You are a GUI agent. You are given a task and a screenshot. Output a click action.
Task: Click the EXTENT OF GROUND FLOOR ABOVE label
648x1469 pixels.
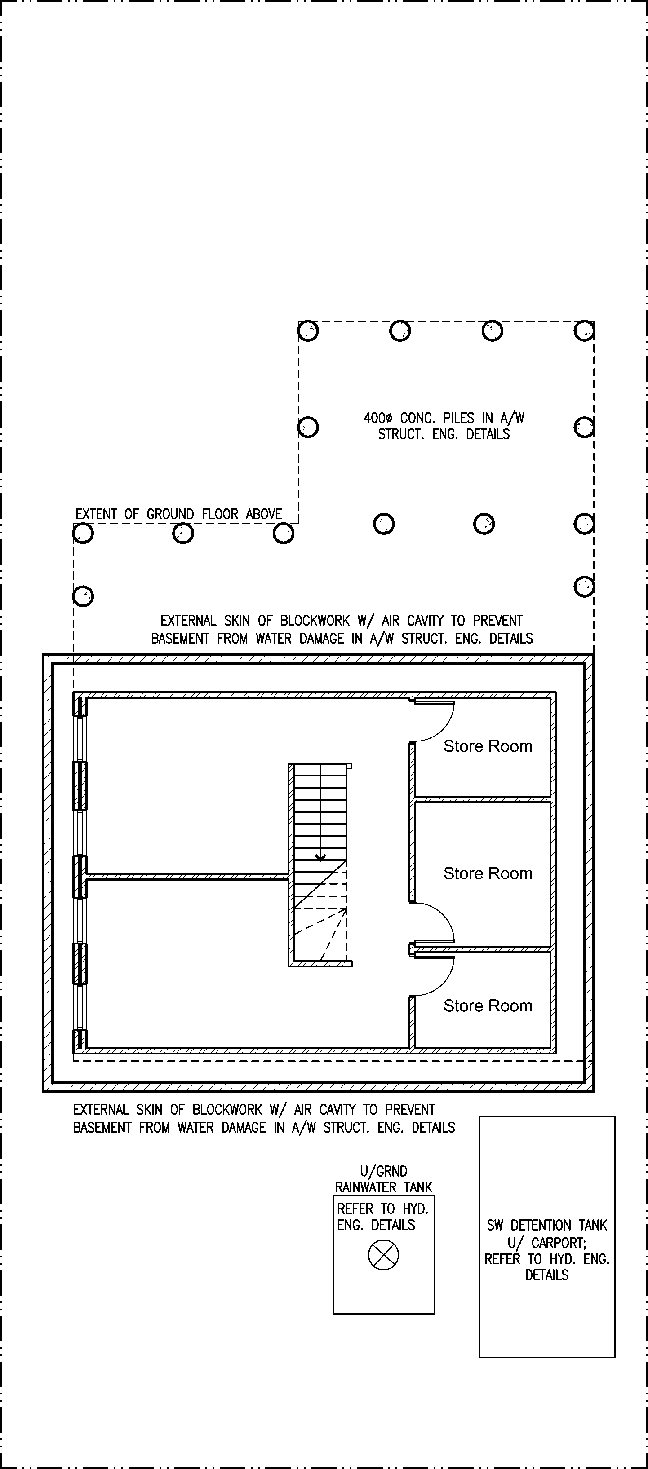[x=178, y=514]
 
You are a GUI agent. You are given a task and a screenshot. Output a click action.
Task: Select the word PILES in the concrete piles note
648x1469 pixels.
[x=459, y=418]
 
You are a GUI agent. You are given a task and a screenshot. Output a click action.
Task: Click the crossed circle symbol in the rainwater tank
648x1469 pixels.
[x=383, y=1255]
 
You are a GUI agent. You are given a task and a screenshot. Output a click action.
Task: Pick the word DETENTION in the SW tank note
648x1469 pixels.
[x=540, y=1225]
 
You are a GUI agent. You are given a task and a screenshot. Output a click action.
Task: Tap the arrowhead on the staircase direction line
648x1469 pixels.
[x=320, y=857]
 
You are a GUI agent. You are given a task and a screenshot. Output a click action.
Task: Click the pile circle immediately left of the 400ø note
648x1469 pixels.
[x=308, y=427]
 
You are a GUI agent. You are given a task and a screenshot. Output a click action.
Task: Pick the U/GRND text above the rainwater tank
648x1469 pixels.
[x=383, y=1171]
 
